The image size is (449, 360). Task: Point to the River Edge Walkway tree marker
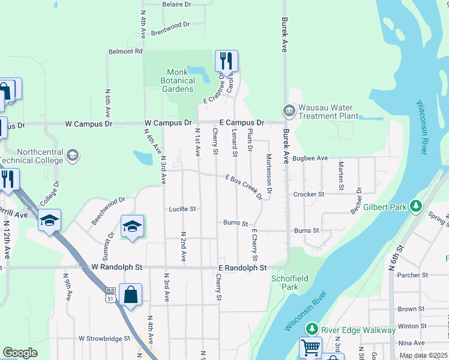(x=312, y=329)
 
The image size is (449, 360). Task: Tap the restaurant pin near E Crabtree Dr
(x=226, y=61)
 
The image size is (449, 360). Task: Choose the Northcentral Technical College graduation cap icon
(x=73, y=155)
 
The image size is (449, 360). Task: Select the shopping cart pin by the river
(x=310, y=347)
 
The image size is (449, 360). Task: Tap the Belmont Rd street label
(x=125, y=52)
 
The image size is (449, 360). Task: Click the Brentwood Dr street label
(x=170, y=28)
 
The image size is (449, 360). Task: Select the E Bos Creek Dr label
(x=244, y=187)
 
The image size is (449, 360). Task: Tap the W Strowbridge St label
(x=104, y=338)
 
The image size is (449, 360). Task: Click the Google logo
(x=20, y=353)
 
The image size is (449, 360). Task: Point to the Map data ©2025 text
(x=423, y=355)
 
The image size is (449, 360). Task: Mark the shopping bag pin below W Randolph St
(x=130, y=295)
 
